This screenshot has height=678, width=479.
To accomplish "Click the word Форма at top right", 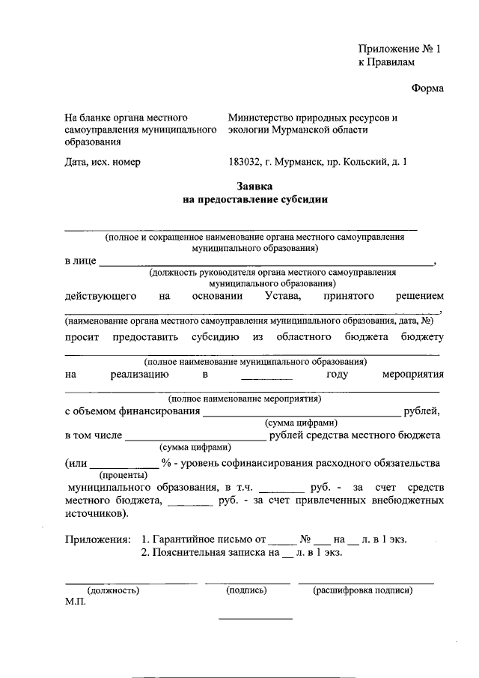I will (427, 89).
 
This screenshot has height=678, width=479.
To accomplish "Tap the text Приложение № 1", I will (400, 49).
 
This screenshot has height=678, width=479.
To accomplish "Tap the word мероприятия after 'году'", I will (412, 375).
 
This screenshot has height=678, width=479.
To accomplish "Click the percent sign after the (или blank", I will (164, 464).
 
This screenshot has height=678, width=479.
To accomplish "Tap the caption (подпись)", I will (246, 590).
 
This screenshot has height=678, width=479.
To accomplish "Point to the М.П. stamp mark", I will (76, 602).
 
